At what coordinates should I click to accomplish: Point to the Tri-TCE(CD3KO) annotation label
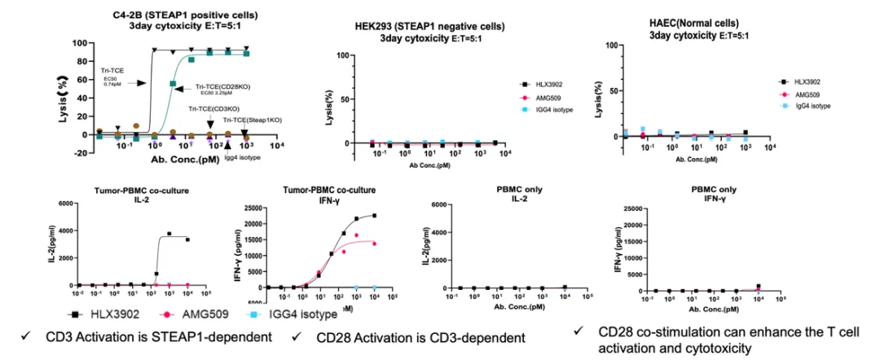coord(214,108)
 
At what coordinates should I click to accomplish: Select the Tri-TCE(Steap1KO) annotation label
coord(253,120)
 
